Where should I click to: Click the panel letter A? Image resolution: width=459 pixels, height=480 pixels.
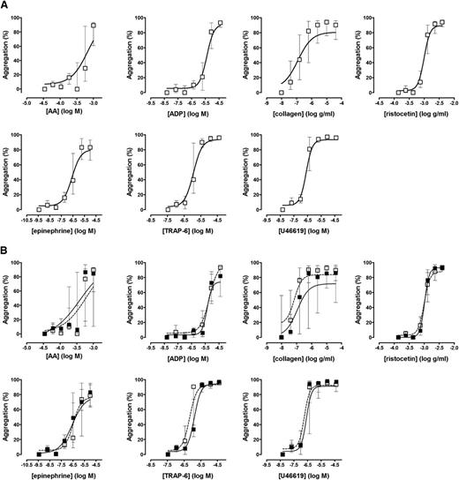tap(5, 6)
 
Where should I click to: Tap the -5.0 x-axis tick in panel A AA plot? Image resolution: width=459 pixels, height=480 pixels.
tap(26, 102)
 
